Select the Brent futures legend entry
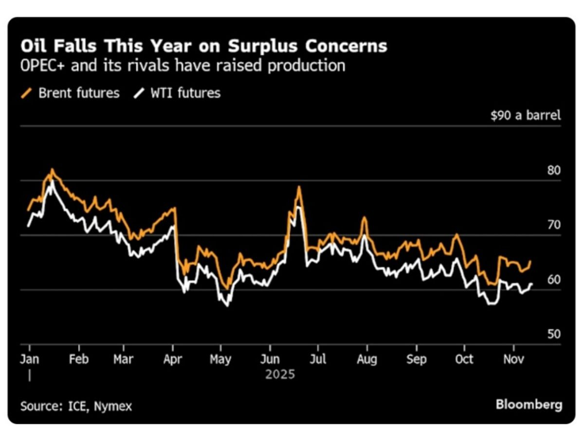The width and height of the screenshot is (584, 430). point(78,93)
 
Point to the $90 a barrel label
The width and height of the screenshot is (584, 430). point(525,116)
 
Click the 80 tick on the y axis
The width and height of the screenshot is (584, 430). point(553,171)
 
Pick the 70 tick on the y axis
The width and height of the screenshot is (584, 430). point(553,225)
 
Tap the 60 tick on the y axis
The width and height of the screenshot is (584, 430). point(553,280)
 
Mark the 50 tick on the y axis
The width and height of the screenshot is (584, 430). point(553,335)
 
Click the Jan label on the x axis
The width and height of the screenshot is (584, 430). point(30,359)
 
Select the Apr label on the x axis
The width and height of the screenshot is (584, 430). point(173,359)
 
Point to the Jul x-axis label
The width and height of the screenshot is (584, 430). point(318,359)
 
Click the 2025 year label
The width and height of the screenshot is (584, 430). point(280,375)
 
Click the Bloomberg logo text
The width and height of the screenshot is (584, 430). point(529,405)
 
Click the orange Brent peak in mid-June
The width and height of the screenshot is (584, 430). point(299,187)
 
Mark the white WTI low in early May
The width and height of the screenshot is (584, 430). point(228,305)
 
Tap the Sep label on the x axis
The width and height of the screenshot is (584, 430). point(416,359)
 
